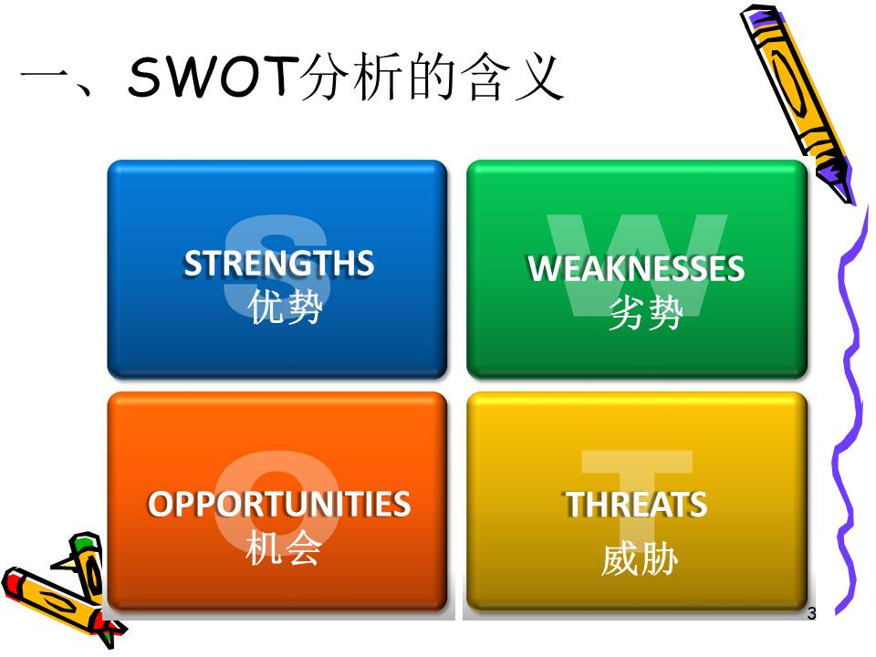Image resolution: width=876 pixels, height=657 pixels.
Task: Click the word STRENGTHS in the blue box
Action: (279, 263)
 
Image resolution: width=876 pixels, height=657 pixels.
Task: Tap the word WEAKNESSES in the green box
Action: (636, 268)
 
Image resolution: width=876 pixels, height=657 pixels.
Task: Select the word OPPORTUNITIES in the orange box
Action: (279, 504)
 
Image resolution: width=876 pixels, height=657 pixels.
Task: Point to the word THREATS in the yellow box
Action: (636, 504)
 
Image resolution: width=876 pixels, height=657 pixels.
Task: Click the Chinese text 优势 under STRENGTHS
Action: (285, 307)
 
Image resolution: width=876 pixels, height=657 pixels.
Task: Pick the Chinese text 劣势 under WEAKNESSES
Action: (645, 313)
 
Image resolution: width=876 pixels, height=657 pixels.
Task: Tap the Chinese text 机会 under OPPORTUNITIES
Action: (283, 548)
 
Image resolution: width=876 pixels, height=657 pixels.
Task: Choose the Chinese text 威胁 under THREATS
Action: (641, 558)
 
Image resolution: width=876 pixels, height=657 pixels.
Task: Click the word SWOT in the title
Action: (211, 76)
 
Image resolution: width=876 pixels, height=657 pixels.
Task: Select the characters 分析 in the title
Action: (349, 77)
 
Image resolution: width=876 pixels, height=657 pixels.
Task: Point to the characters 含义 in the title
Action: (513, 77)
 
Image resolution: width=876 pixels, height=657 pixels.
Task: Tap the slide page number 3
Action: (812, 613)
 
